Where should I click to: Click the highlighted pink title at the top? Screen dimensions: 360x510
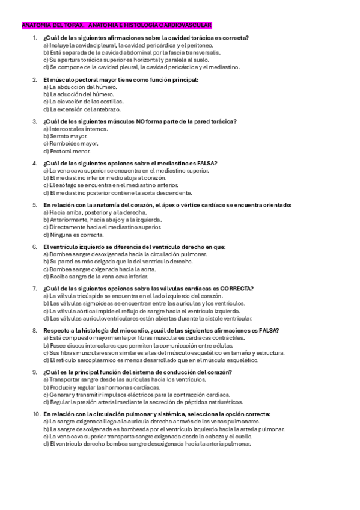tap(117, 25)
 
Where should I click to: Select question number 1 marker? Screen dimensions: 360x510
tap(35, 38)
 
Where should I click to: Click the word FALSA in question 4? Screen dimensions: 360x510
tap(206, 163)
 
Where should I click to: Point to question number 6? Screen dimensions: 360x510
tap(34, 247)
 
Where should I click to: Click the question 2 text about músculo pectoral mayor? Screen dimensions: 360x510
tap(120, 79)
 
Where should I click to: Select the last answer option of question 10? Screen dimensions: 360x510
tap(147, 443)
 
